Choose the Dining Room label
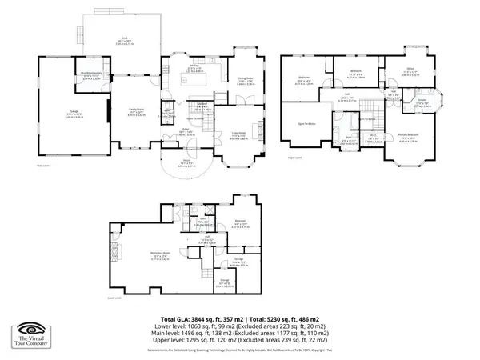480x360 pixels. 245,80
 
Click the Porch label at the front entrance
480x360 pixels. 186,165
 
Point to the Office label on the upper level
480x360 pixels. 410,70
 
